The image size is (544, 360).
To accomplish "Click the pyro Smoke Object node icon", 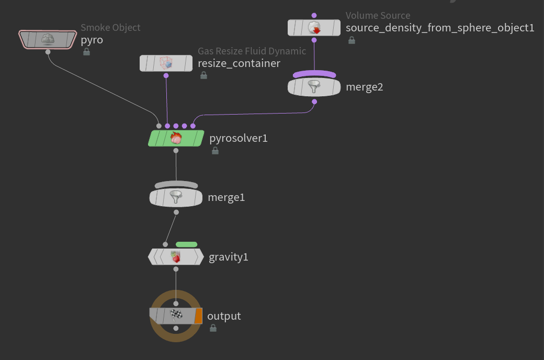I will coord(48,39).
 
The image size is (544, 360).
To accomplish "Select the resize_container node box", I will coord(166,63).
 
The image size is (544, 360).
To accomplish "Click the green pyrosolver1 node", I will coord(176,138).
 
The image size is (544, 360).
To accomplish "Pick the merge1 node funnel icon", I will coord(176,197).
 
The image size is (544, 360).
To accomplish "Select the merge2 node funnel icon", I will coord(314,86).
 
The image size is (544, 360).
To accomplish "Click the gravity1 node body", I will coord(176,257).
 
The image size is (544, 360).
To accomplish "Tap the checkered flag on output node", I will coord(176,316).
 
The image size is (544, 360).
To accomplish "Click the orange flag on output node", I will coord(198,316).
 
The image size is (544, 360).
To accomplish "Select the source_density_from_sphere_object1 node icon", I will coord(314,28).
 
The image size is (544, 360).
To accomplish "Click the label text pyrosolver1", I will coord(239,138).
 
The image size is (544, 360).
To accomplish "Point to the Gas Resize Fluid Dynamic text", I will coord(252,51).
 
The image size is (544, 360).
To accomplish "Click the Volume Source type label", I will coord(378,16).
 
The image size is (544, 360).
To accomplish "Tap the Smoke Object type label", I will coord(110,28).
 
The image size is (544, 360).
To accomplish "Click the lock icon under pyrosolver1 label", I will coord(215,151).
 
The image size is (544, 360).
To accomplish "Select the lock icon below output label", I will coord(213,328).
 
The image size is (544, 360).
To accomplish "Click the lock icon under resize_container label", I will coord(203,75).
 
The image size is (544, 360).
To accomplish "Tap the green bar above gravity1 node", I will coord(186,244).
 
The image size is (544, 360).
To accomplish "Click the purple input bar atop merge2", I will coord(314,74).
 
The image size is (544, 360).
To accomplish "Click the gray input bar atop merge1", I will coord(176,185).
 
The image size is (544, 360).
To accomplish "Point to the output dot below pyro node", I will coord(48,52).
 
